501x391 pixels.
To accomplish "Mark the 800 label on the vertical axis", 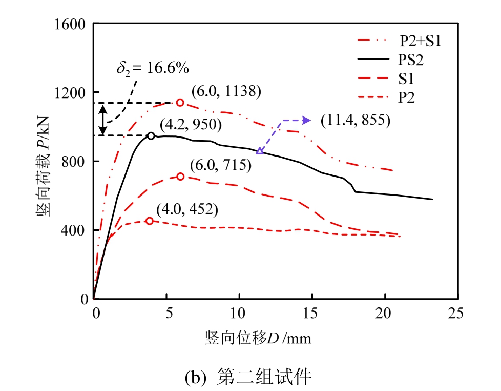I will [x=77, y=161].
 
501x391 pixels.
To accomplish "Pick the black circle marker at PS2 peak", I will [x=151, y=136].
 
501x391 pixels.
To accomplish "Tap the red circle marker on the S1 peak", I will [x=180, y=177].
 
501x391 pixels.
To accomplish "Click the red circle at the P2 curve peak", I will [x=150, y=221].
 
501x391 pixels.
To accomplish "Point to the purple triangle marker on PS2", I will [x=260, y=151].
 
